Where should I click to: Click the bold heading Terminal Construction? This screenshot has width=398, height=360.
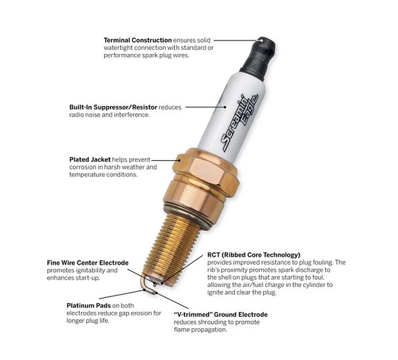click(138, 41)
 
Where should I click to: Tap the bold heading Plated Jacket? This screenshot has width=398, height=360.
click(90, 160)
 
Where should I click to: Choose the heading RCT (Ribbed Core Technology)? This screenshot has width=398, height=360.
click(254, 255)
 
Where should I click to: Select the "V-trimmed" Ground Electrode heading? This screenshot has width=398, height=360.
click(221, 315)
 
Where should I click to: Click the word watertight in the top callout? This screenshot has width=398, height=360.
click(121, 48)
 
